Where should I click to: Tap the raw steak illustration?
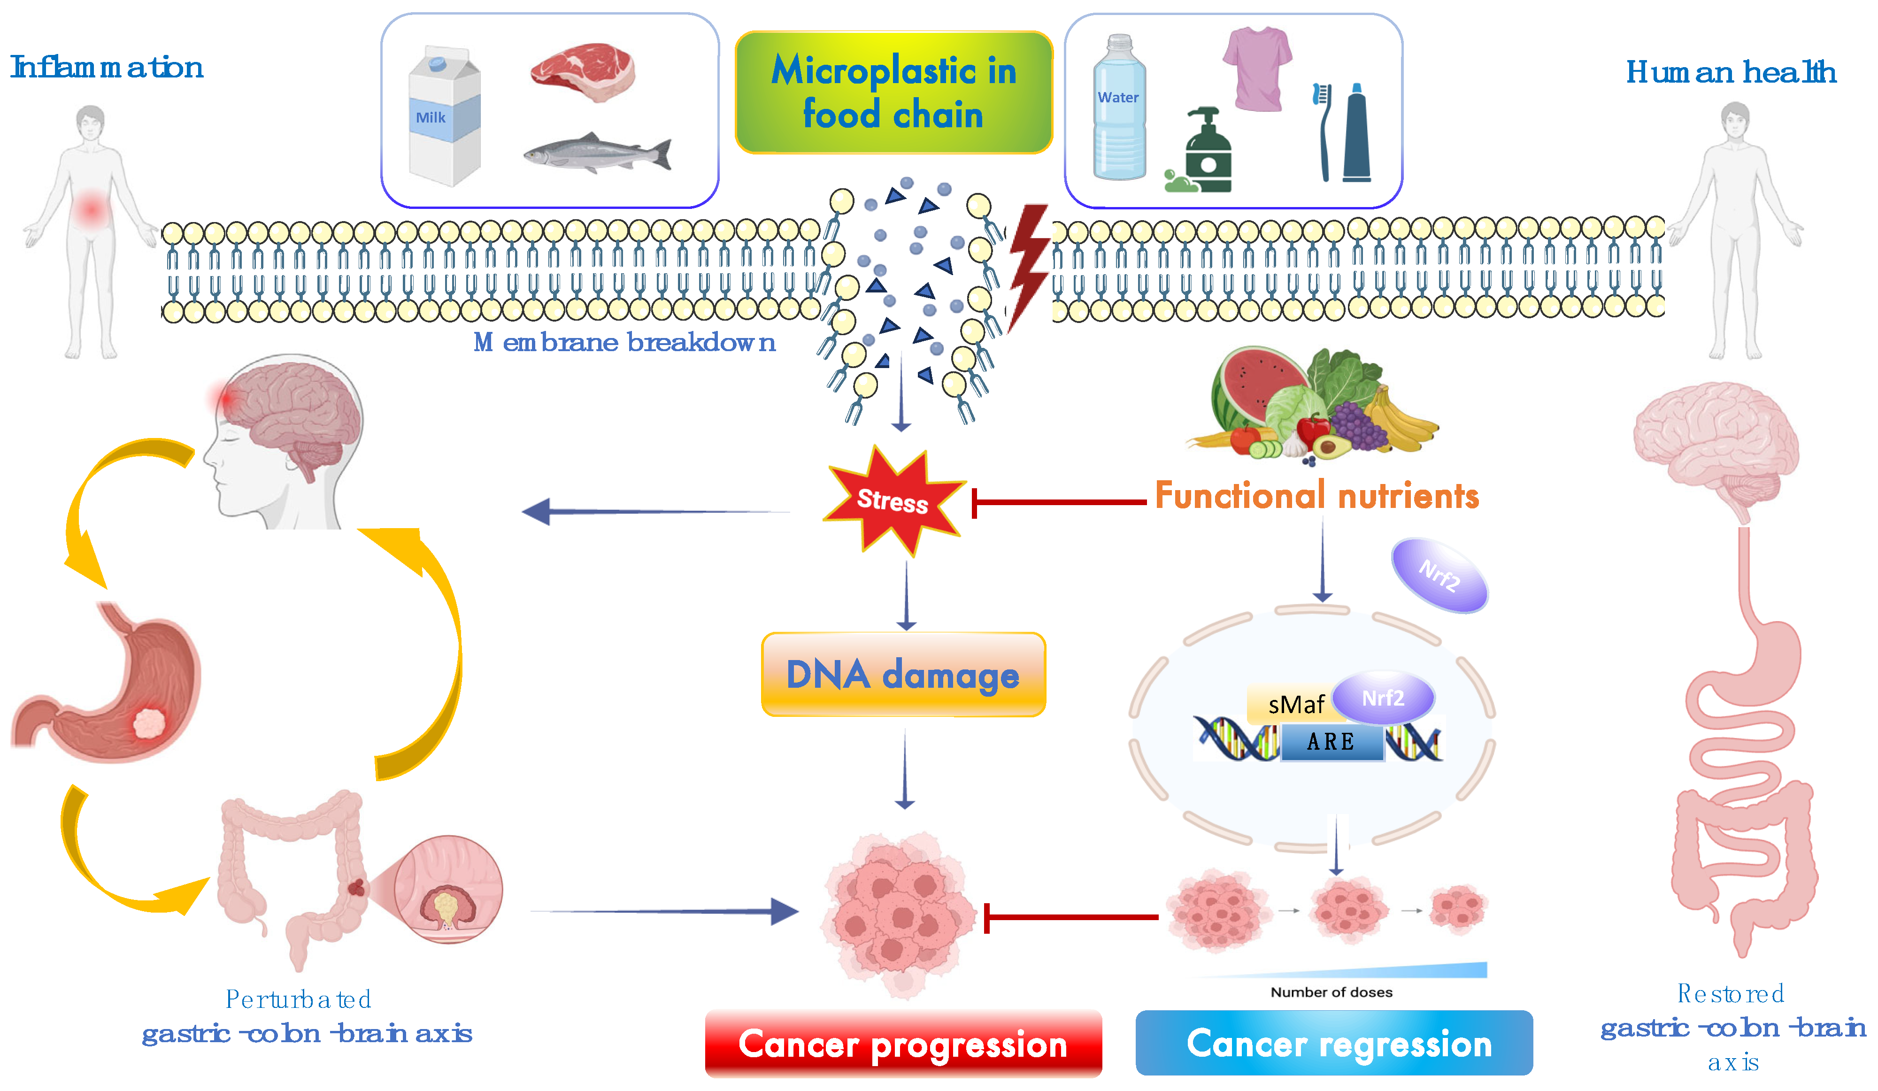click(583, 71)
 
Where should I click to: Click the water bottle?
click(1119, 108)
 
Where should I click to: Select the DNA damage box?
click(903, 675)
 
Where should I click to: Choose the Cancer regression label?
click(1334, 1043)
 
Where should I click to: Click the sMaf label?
click(1296, 704)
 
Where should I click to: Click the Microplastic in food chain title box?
click(893, 92)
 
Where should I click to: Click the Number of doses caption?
click(1331, 992)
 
